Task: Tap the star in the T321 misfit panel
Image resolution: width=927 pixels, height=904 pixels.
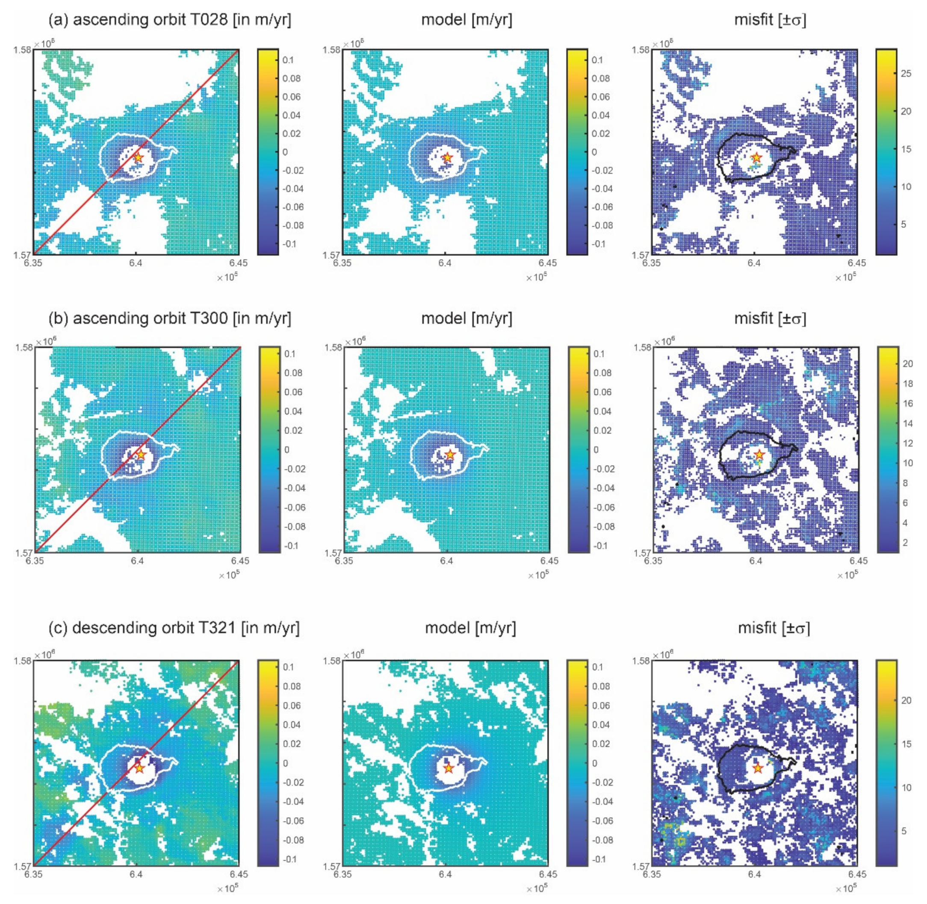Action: [758, 767]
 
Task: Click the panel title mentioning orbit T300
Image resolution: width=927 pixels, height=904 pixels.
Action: [169, 319]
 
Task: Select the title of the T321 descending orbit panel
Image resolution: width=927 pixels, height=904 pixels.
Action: [174, 628]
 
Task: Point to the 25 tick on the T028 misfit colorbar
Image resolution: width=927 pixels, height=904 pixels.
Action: [906, 74]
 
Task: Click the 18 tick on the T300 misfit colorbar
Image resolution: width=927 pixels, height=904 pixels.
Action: [907, 384]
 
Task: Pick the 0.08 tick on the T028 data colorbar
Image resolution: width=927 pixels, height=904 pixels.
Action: [292, 78]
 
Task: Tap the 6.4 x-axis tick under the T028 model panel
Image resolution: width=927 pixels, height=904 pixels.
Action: [445, 263]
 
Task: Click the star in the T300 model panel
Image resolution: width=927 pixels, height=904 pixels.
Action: [450, 455]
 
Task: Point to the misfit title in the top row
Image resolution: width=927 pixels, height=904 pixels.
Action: [770, 20]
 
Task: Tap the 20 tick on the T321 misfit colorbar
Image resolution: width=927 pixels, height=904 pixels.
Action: [906, 700]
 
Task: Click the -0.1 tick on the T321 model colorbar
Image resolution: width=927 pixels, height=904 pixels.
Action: [599, 859]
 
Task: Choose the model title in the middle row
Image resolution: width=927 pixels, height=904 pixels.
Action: [466, 319]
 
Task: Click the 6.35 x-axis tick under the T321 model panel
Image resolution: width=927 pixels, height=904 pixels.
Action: [342, 874]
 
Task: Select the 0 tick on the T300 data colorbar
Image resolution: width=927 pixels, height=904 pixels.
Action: [286, 449]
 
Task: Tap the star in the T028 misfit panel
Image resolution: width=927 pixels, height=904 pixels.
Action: [756, 158]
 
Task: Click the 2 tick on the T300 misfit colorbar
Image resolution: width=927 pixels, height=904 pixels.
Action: [905, 543]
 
